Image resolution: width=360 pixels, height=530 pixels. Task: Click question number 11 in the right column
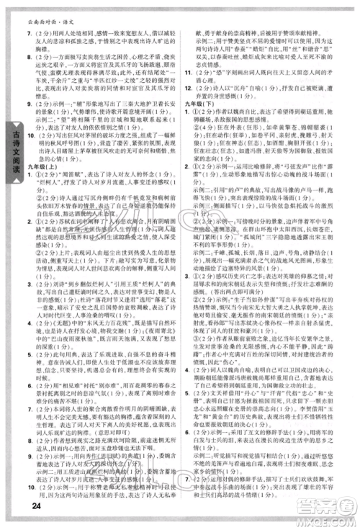(186, 73)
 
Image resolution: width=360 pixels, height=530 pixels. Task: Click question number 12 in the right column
(186, 89)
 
